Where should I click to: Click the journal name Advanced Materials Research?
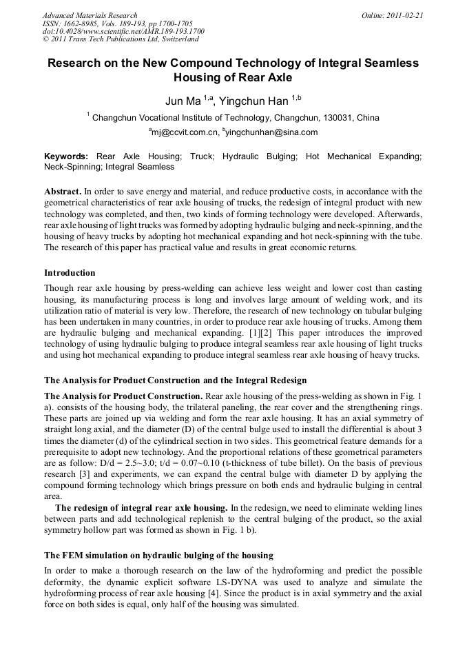click(90, 15)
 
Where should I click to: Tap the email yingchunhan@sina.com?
click(271, 132)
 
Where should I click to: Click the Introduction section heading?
click(70, 273)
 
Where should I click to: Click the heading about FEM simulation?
click(158, 555)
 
